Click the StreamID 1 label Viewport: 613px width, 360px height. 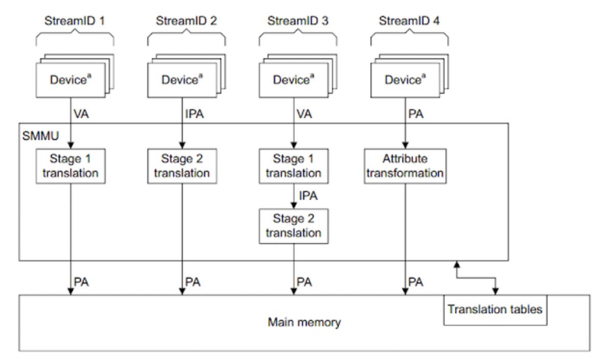point(75,21)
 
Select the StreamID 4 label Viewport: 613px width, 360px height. point(409,21)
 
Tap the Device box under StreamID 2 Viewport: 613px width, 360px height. point(182,80)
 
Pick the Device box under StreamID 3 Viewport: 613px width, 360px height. point(294,80)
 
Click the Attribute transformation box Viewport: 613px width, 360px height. point(405,166)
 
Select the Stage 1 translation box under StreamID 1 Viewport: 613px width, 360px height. point(70,166)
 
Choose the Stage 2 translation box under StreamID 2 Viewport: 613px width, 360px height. point(182,166)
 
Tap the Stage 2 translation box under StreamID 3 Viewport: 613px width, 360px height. point(294,226)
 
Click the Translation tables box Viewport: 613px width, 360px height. point(496,310)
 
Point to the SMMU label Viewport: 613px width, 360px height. point(40,136)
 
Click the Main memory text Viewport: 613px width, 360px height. point(304,322)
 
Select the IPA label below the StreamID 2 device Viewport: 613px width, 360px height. point(195,114)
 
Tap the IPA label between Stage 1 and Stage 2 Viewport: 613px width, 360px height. point(308,196)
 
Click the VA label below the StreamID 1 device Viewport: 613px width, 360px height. point(81,114)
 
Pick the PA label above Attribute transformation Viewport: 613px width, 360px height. point(416,114)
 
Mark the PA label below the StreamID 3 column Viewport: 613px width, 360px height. point(304,282)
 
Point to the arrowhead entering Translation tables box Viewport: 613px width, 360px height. point(496,292)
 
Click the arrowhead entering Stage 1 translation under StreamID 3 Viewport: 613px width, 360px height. point(294,145)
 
